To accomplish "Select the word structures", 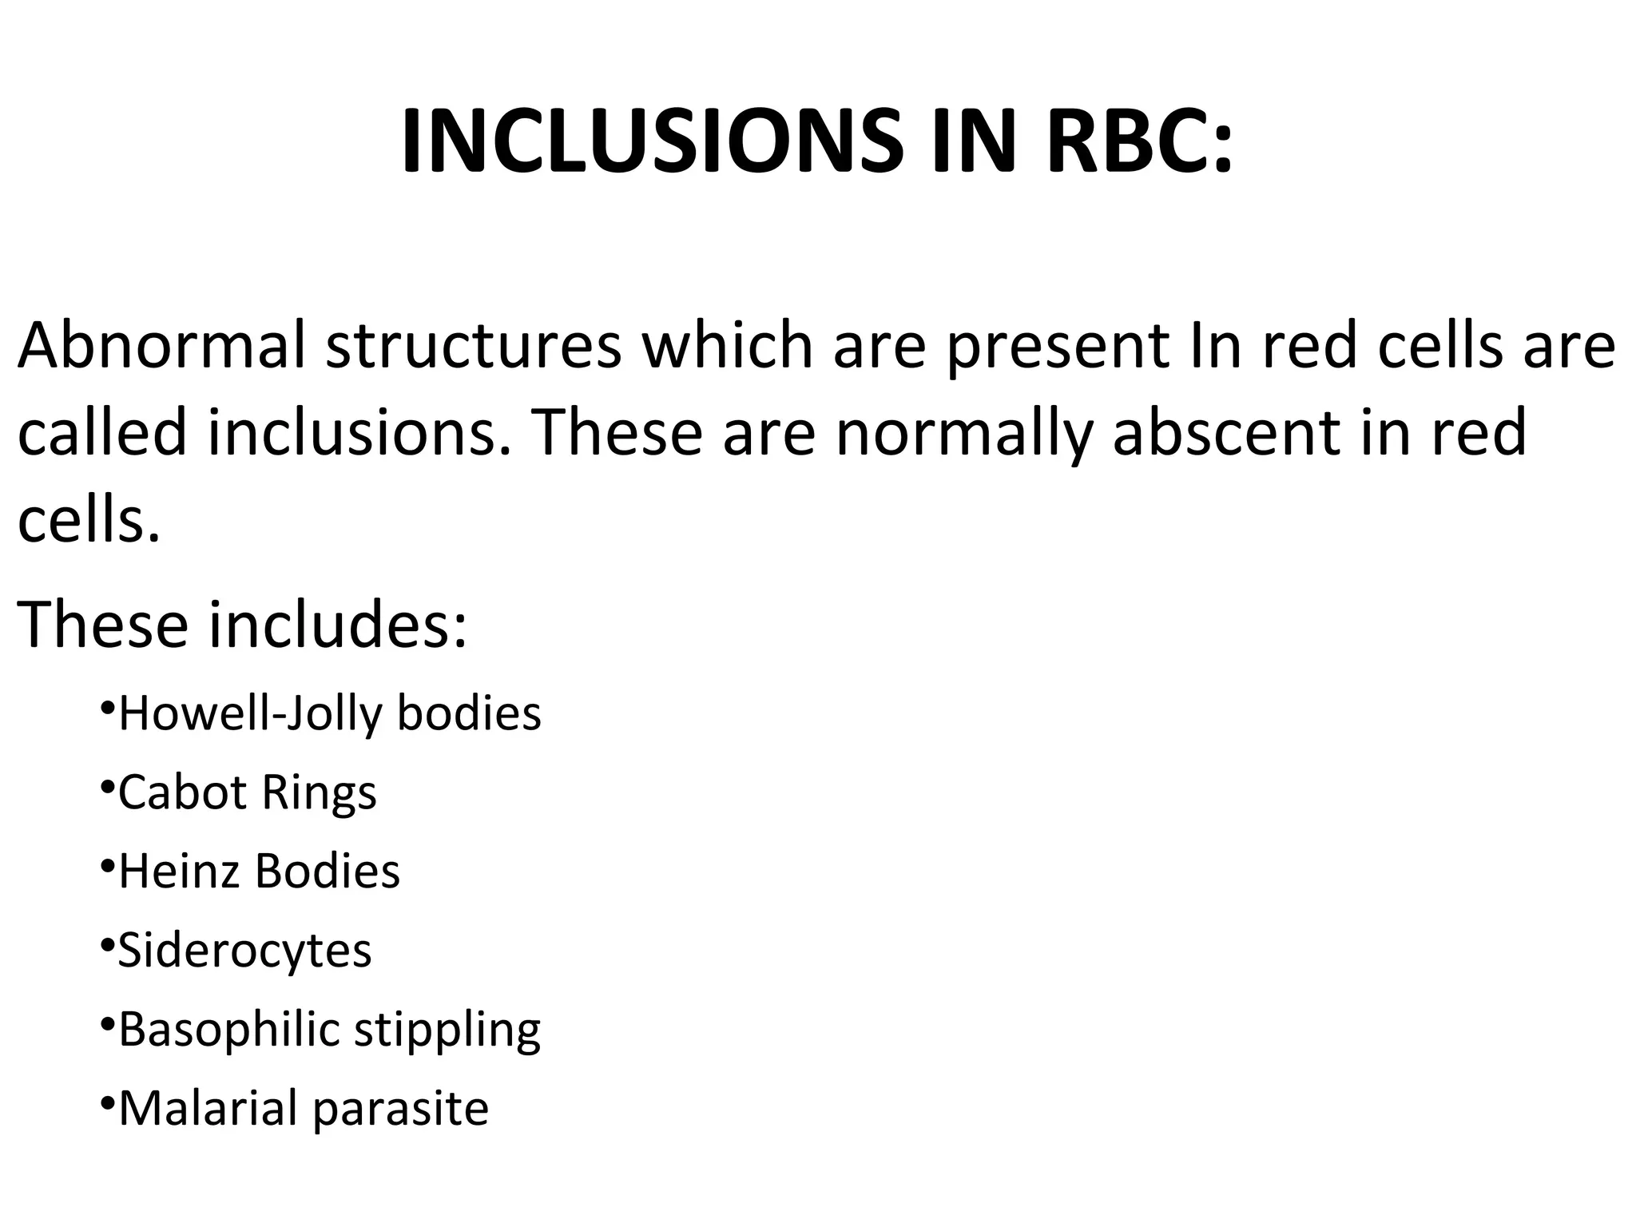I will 473,346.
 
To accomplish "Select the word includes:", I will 337,624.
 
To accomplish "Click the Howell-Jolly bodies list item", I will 329,713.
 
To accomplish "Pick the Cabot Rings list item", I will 247,792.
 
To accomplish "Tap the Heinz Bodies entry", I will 259,871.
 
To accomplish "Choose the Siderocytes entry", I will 244,951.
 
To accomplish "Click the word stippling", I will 447,1030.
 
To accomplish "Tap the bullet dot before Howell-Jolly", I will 106,707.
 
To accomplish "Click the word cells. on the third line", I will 88,520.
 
